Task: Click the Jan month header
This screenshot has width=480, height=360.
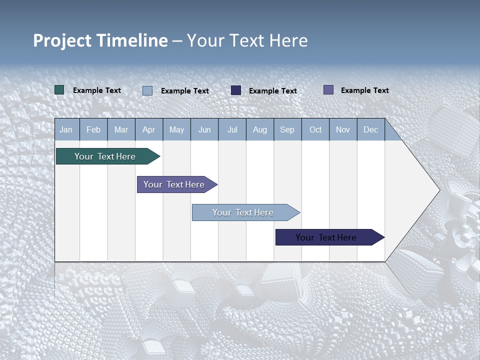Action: [x=66, y=129]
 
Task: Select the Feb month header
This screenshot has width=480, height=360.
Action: [x=93, y=129]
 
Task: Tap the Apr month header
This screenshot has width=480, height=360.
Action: [x=148, y=129]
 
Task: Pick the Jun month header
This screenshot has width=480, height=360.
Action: [x=204, y=129]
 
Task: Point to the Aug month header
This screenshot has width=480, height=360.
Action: [x=259, y=129]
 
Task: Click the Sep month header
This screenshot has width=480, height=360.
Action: [x=287, y=129]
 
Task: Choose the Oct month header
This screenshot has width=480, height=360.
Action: [x=315, y=129]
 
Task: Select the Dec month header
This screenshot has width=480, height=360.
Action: [x=370, y=129]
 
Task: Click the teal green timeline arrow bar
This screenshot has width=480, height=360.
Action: [x=105, y=156]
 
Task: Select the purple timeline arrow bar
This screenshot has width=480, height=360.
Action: [x=174, y=184]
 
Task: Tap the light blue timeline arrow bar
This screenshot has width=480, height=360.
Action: [x=243, y=212]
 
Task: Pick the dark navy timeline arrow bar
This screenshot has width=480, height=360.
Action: [x=326, y=237]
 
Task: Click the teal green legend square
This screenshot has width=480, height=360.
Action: [x=59, y=90]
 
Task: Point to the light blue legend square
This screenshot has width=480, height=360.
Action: [x=147, y=90]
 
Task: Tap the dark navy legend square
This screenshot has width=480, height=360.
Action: [x=236, y=90]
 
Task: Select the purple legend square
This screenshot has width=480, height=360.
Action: [x=328, y=90]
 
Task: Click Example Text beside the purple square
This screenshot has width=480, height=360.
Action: [x=364, y=90]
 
